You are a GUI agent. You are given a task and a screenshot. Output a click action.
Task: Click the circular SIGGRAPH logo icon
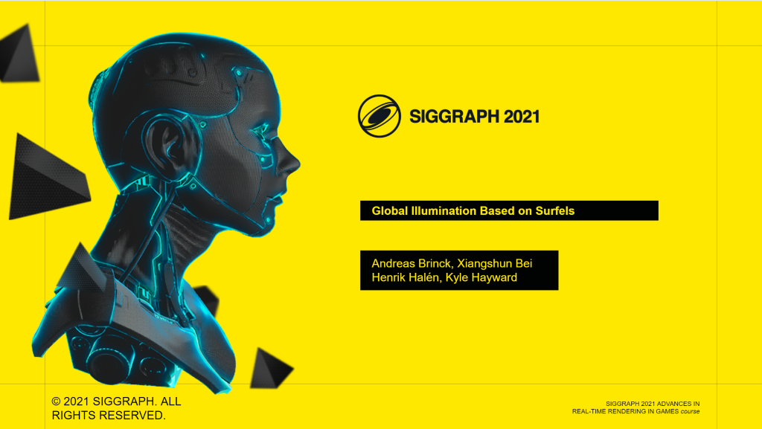tap(380, 117)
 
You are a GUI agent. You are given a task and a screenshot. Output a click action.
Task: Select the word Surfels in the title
tap(555, 211)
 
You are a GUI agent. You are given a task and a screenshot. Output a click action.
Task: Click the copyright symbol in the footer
tap(57, 401)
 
